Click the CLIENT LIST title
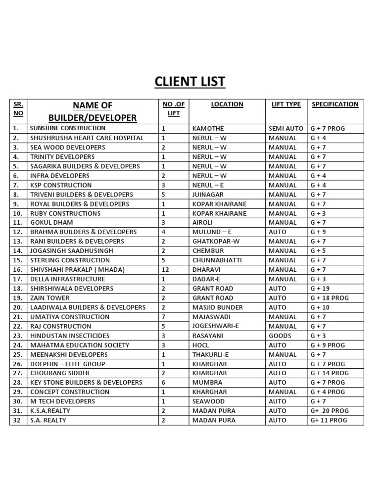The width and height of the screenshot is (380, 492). [190, 81]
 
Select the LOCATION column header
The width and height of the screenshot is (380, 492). [227, 104]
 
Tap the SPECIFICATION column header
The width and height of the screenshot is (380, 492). [335, 104]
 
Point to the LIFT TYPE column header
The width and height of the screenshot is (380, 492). [286, 104]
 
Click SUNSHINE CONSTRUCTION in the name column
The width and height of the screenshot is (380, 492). [68, 128]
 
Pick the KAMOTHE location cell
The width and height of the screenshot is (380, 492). [208, 129]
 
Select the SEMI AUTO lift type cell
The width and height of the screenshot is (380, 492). [286, 129]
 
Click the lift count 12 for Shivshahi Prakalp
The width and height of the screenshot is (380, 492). [165, 270]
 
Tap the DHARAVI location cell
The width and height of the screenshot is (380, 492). [206, 270]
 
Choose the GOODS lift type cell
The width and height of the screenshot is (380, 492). [280, 336]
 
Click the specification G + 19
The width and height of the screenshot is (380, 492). [320, 289]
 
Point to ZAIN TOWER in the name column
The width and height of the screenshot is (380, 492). [50, 298]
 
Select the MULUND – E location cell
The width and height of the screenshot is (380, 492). [212, 232]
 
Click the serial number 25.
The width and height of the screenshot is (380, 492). [18, 354]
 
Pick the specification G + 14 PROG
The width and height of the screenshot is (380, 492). [330, 373]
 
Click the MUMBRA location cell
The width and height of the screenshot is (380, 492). [207, 383]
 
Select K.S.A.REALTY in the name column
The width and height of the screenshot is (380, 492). [50, 411]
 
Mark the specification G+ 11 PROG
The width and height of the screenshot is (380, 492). [329, 420]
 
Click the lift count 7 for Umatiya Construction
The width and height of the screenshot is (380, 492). [163, 317]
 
